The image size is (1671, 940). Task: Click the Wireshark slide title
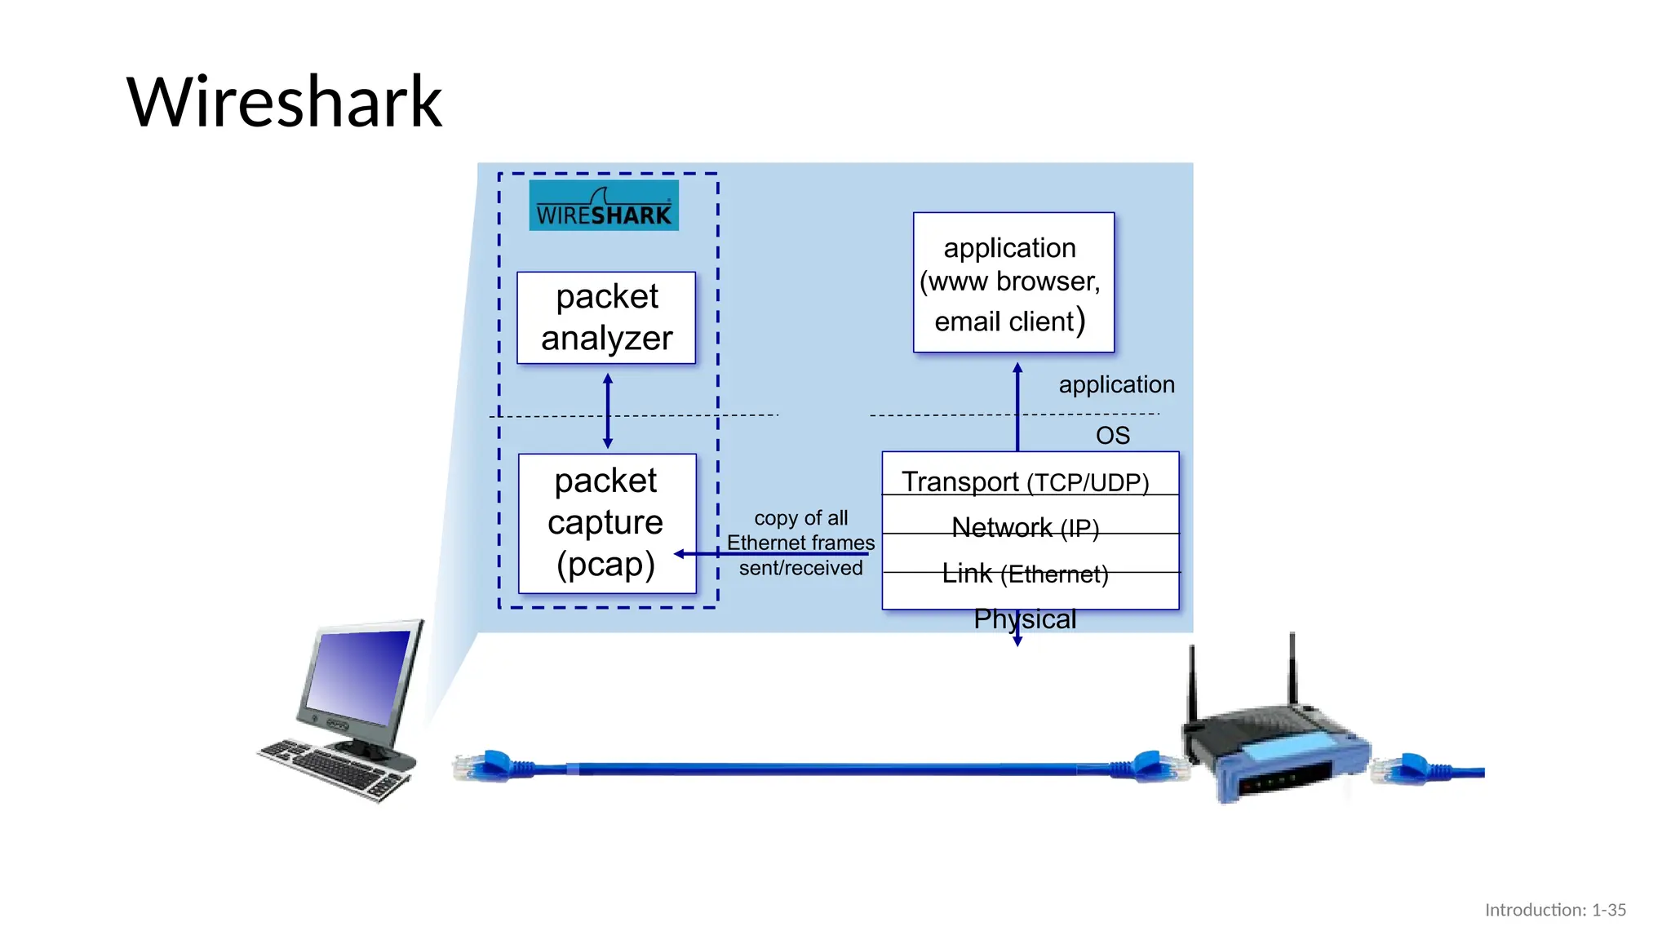click(x=284, y=102)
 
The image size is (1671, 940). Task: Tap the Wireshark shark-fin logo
click(x=604, y=206)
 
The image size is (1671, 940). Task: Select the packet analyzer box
click(x=606, y=317)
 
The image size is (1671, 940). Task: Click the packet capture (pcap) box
click(x=606, y=523)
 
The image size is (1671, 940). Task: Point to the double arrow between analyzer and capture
click(x=608, y=410)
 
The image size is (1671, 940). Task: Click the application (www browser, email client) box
click(x=1013, y=282)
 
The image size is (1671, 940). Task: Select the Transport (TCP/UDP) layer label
click(x=1025, y=481)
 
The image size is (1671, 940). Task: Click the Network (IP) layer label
click(x=1025, y=527)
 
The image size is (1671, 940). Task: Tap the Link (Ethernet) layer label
click(x=1025, y=574)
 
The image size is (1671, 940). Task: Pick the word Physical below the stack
click(x=1025, y=619)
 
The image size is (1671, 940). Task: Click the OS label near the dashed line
click(x=1112, y=435)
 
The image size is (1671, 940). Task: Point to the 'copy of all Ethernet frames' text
click(x=800, y=530)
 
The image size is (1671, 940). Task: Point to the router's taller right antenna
click(x=1292, y=669)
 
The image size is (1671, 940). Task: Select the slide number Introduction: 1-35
click(x=1554, y=910)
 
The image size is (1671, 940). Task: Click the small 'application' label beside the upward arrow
click(x=1116, y=384)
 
